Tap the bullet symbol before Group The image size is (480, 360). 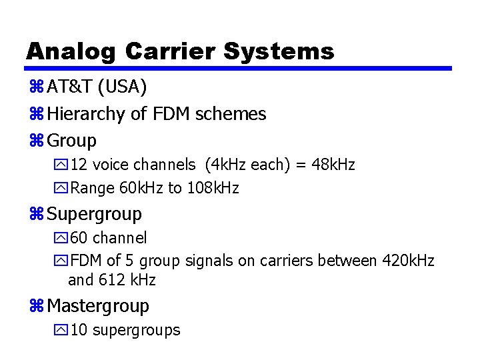tap(37, 141)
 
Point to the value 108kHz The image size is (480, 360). tap(212, 188)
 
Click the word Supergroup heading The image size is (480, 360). tap(94, 214)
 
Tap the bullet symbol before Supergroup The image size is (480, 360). tap(37, 215)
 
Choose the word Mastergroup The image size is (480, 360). tap(98, 306)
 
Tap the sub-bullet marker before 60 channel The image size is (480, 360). tap(63, 238)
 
